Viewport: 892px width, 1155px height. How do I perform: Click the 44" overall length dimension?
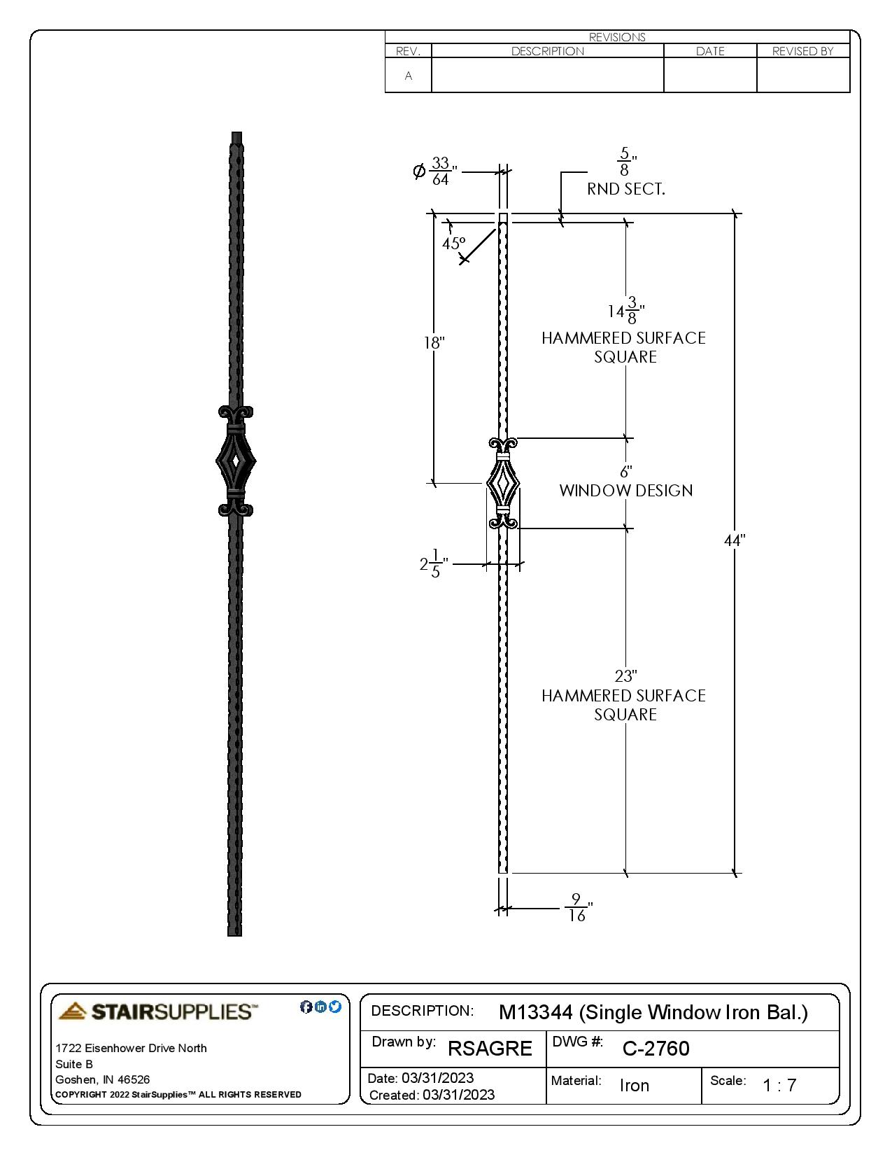point(734,540)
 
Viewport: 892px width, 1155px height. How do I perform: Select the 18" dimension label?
point(434,343)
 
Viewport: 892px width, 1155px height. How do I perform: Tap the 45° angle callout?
point(453,244)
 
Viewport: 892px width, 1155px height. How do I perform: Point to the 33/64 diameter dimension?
point(439,171)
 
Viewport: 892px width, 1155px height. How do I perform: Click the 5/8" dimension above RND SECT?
point(625,162)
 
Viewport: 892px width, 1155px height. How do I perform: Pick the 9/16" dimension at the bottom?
point(577,908)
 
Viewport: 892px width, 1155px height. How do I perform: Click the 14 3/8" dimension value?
point(625,311)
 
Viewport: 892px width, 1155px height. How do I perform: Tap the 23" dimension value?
point(625,676)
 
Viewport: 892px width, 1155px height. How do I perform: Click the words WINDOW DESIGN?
point(625,491)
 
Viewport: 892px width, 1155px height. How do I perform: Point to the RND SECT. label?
point(625,189)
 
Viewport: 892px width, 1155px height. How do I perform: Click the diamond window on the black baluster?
point(236,461)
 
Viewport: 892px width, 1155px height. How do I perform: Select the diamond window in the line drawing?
point(502,484)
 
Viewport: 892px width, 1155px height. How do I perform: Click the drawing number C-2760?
point(656,1049)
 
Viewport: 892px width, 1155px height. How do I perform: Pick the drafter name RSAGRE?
point(490,1049)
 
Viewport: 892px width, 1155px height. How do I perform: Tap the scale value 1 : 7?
point(779,1086)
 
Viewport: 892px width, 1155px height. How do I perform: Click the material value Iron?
point(635,1086)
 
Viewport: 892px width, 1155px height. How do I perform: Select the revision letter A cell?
point(409,76)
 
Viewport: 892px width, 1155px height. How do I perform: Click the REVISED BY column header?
point(802,51)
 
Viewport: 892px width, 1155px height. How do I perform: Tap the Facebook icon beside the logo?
point(306,1007)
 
